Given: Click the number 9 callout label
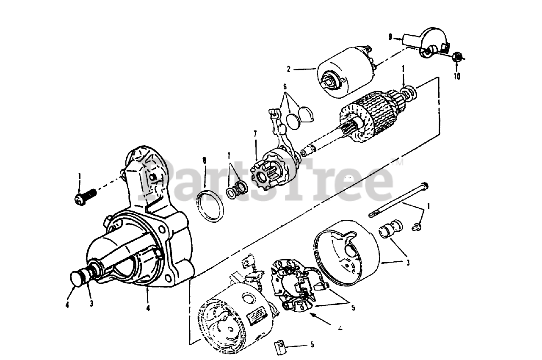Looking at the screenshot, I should click(390, 37).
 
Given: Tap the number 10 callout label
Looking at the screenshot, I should click(456, 77).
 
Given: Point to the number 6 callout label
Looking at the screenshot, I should click(285, 86).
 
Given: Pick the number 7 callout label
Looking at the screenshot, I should click(255, 134).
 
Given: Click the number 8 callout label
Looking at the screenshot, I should click(205, 161).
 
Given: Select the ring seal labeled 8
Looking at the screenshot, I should click(210, 206).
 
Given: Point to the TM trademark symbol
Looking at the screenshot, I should click(398, 161).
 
